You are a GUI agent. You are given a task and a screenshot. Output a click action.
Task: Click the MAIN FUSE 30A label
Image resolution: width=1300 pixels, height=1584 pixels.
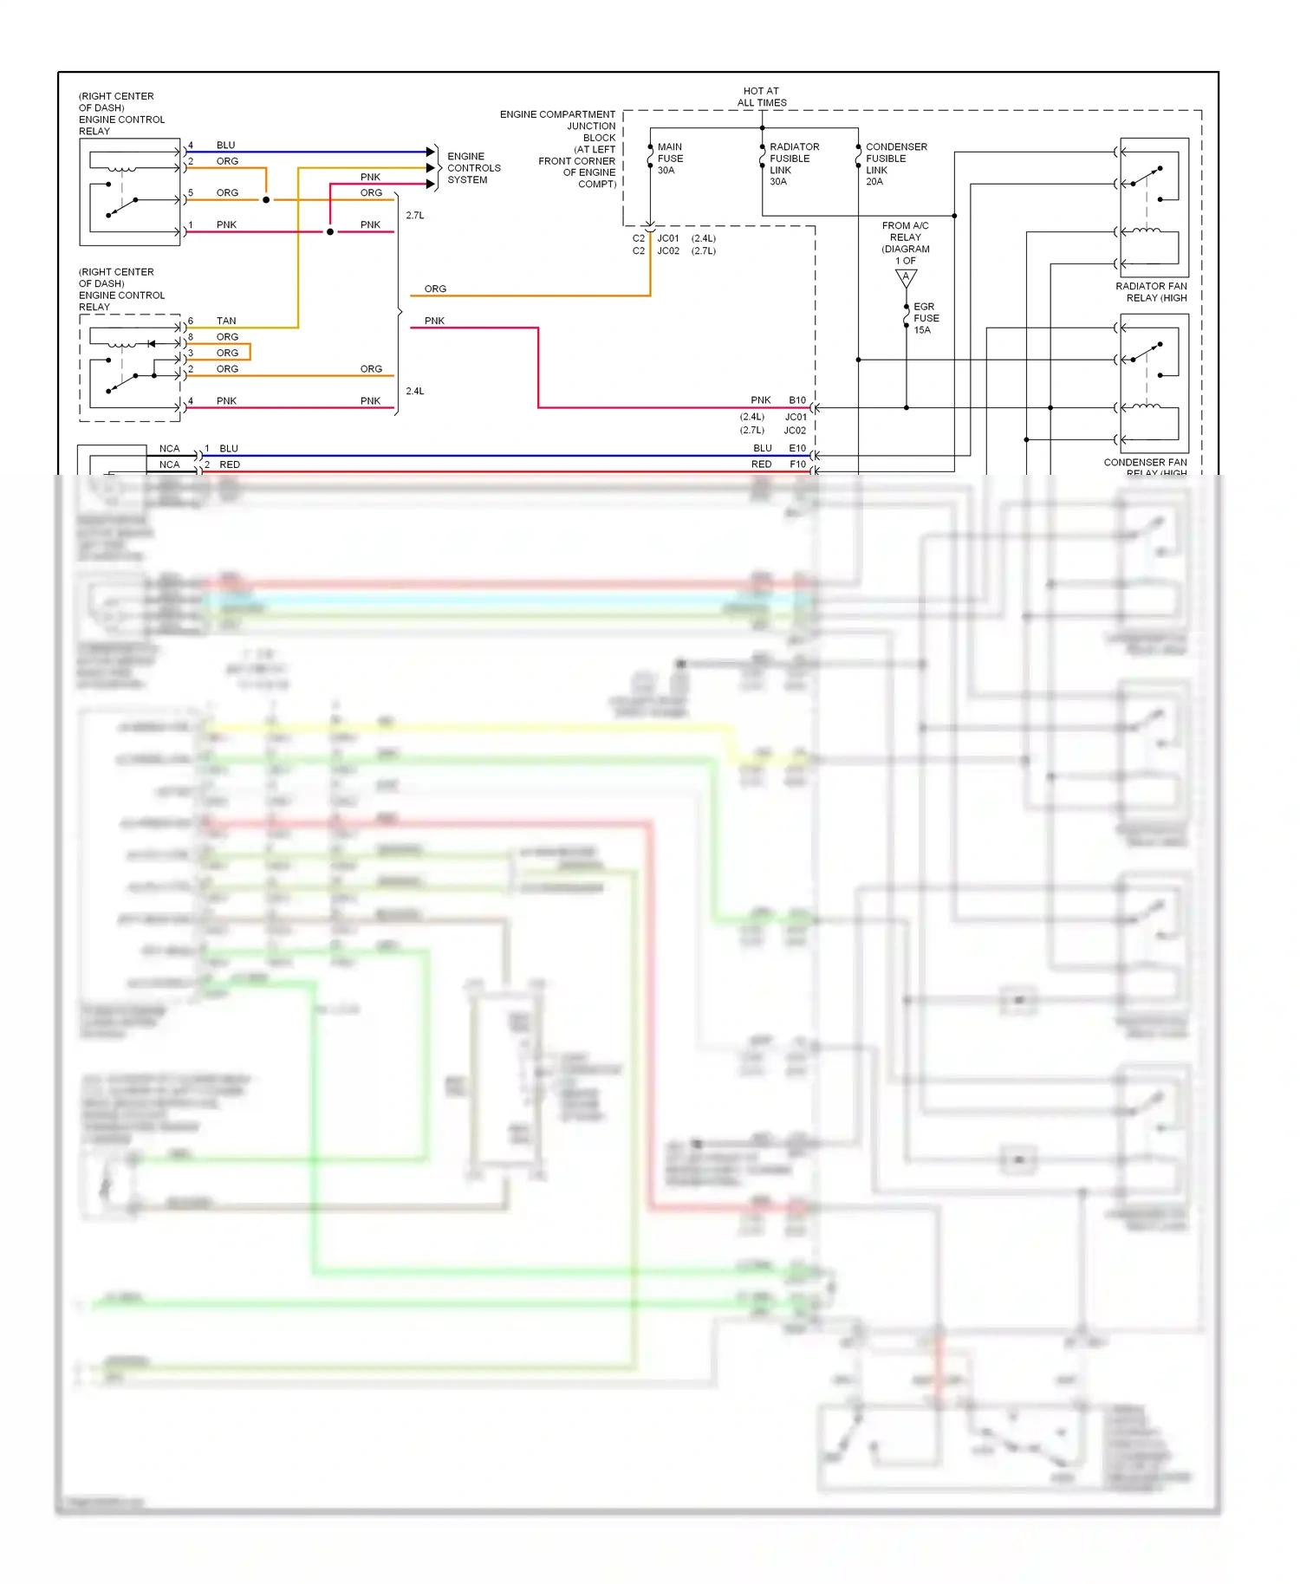pyautogui.click(x=669, y=159)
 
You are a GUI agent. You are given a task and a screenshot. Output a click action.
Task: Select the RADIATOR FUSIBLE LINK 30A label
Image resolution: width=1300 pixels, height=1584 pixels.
pyautogui.click(x=793, y=164)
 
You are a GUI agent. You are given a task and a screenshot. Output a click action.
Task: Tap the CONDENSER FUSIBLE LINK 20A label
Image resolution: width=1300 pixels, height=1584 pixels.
pyautogui.click(x=895, y=164)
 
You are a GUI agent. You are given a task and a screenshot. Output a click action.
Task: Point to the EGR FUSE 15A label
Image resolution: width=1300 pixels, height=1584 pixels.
pyautogui.click(x=925, y=318)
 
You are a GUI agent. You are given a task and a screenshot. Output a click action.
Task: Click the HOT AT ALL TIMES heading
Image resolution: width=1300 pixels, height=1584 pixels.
pyautogui.click(x=761, y=96)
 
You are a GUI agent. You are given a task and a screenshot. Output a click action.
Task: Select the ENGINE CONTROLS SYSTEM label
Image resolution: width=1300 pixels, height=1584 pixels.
pyautogui.click(x=473, y=168)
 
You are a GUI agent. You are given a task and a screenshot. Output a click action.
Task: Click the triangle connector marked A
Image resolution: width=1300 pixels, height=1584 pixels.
pyautogui.click(x=906, y=277)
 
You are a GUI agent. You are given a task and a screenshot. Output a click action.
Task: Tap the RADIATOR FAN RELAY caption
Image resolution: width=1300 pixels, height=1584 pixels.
pyautogui.click(x=1151, y=292)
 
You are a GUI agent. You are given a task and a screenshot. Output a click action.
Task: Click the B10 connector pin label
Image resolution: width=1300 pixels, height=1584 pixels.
pyautogui.click(x=796, y=400)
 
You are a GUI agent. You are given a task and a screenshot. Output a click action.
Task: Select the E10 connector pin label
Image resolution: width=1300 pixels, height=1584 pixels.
pyautogui.click(x=796, y=448)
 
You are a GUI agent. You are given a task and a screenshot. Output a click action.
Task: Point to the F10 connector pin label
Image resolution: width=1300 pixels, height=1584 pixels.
pyautogui.click(x=797, y=464)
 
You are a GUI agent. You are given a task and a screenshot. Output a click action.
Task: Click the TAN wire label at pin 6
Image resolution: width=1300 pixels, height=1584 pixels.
pyautogui.click(x=226, y=321)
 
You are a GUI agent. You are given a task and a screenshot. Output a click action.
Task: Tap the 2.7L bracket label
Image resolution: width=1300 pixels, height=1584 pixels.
pyautogui.click(x=415, y=215)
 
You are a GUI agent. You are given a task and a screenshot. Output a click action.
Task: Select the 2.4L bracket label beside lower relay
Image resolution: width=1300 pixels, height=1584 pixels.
pyautogui.click(x=415, y=391)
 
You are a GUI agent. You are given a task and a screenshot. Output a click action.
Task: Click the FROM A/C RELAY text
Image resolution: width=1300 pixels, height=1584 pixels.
pyautogui.click(x=905, y=231)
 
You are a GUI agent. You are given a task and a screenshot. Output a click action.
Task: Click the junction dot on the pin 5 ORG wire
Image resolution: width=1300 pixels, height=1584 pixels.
pyautogui.click(x=266, y=200)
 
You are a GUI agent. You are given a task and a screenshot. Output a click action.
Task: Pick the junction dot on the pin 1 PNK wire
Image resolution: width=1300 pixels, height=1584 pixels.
pyautogui.click(x=330, y=232)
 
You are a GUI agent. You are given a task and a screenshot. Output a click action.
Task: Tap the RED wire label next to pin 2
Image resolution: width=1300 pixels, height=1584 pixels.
pyautogui.click(x=230, y=464)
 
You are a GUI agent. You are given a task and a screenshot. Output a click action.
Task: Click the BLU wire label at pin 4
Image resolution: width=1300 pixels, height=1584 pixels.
pyautogui.click(x=225, y=145)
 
